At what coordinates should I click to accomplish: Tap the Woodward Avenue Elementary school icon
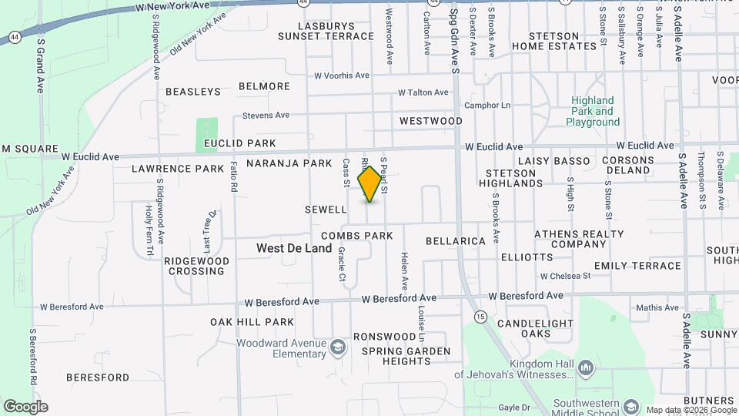coord(336,348)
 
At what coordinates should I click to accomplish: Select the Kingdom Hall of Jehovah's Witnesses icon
coord(585,368)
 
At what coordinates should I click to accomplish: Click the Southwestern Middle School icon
coord(631,406)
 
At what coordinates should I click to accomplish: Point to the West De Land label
coord(294,248)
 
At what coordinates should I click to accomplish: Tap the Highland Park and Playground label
coord(593,111)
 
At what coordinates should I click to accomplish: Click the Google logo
coord(25,406)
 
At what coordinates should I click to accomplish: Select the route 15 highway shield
coord(481,317)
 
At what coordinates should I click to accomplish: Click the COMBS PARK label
coord(357,236)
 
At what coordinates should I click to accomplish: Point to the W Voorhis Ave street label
coord(342,75)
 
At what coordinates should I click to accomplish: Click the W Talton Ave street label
coord(423,92)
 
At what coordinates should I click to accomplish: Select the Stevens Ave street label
coord(266,115)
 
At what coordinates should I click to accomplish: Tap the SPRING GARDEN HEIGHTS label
coord(406,356)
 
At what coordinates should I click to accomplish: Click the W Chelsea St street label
coord(565,275)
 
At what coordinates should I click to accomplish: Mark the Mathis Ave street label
coord(658,308)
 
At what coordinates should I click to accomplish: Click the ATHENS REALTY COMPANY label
coord(579,239)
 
